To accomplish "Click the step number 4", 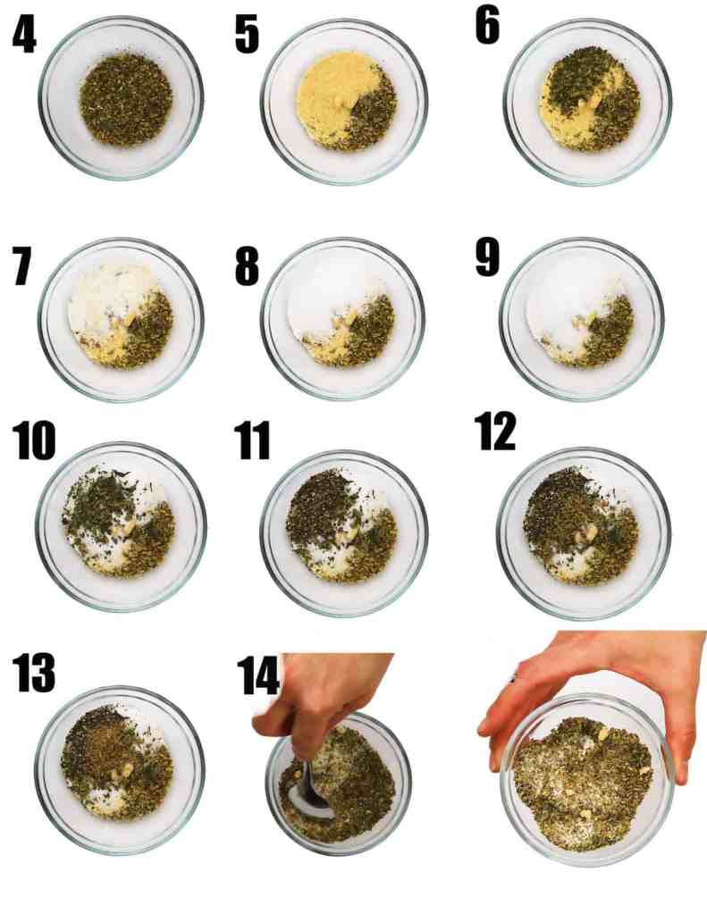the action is (x=24, y=35).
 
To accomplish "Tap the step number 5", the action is (x=247, y=35).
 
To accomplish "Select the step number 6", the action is (x=488, y=26).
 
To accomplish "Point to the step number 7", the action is (x=23, y=267).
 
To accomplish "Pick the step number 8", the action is (x=247, y=267).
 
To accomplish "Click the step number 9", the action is (x=488, y=257).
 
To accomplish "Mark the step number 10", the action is (x=34, y=441).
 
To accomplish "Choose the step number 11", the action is (x=253, y=441).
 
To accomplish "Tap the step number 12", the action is (x=495, y=432).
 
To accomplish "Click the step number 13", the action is (x=34, y=672).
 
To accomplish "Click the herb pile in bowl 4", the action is (x=125, y=100).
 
